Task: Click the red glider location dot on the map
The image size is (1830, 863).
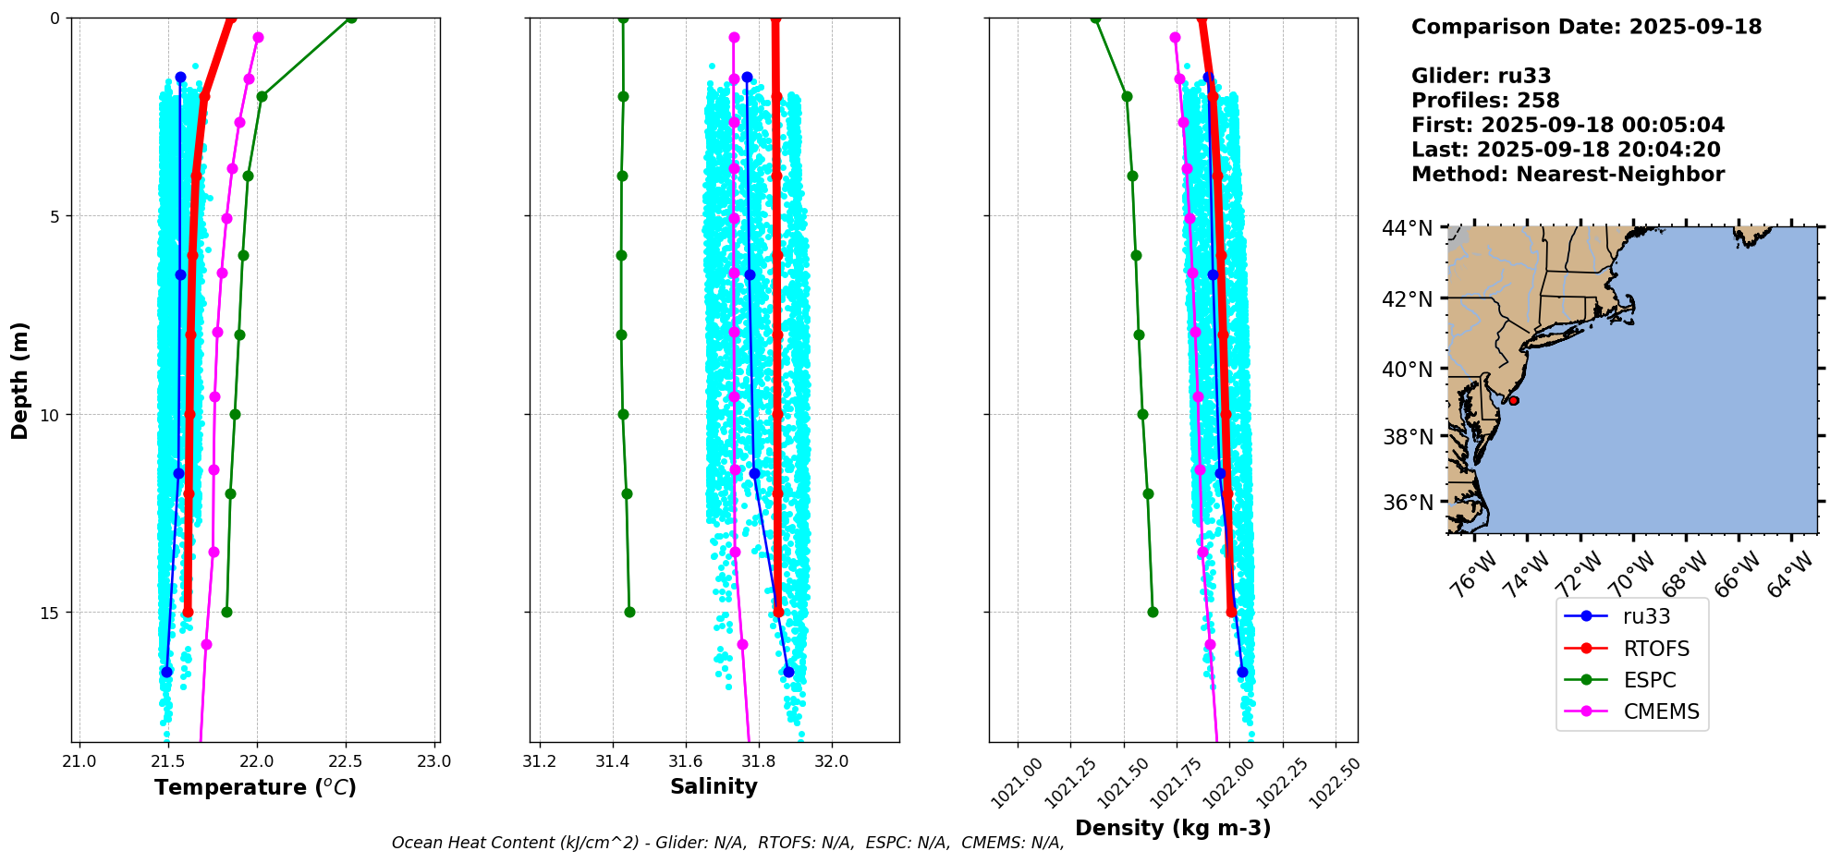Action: click(x=1514, y=400)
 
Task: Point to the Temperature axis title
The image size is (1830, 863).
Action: click(x=255, y=787)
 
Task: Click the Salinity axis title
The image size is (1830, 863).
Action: click(x=714, y=786)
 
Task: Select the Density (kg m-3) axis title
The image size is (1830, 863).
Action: click(x=1173, y=828)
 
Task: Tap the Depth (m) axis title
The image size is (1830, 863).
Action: click(x=20, y=380)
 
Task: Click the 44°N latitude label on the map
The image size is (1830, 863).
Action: click(x=1408, y=228)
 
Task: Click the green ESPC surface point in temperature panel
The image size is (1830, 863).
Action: click(x=350, y=18)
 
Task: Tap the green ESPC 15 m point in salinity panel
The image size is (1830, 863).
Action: click(x=629, y=612)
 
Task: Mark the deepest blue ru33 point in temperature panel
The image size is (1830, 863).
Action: click(x=166, y=672)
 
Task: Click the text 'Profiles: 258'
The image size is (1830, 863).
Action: click(x=1485, y=101)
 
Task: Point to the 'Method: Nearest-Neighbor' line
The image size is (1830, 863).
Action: click(x=1568, y=175)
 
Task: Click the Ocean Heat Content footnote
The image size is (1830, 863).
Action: click(x=727, y=843)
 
